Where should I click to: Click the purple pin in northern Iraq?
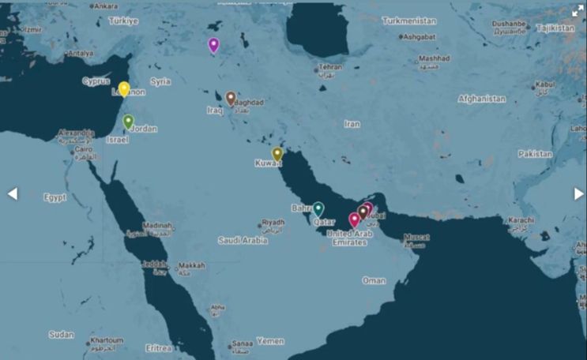pos(213,44)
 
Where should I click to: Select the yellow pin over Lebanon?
pos(124,88)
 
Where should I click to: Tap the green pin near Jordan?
pos(128,122)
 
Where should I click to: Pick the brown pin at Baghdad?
pos(231,98)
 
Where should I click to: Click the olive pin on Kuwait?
pos(277,154)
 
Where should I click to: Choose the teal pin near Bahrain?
pos(318,208)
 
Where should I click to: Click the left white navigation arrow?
pos(13,193)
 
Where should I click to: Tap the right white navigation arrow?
pos(579,193)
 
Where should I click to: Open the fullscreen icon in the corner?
pos(578,11)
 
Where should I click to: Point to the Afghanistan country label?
pos(482,99)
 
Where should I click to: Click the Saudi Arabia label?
pos(243,240)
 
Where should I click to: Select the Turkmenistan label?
pos(414,21)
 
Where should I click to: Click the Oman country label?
pos(374,280)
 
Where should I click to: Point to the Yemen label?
pos(270,341)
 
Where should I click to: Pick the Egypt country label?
pos(55,197)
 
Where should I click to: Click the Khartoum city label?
pos(106,340)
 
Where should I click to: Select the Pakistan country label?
pos(536,154)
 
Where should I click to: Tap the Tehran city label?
pos(330,67)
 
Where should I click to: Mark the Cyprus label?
pos(96,81)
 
